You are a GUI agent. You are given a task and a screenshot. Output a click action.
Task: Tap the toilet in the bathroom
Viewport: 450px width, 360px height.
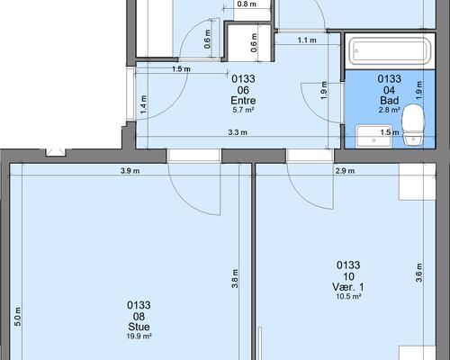[413, 125]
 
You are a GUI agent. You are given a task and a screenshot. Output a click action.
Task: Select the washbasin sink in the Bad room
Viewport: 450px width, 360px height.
[374, 137]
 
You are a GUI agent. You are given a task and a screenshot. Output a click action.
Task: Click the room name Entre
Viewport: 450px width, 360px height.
[243, 100]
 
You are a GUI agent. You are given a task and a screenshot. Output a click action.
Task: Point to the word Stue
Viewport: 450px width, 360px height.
[139, 327]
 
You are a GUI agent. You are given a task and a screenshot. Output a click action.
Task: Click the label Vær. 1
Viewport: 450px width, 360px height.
[348, 287]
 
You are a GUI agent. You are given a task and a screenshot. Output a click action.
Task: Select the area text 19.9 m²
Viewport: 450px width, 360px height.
[139, 337]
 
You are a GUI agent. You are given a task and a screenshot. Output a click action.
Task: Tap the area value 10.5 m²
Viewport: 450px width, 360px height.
[348, 297]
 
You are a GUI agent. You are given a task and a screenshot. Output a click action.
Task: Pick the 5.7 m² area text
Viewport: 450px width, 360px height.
[243, 110]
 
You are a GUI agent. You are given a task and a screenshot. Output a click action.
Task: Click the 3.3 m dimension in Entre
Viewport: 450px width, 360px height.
[238, 132]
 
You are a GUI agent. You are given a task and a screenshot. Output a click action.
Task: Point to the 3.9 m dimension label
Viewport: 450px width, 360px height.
[130, 171]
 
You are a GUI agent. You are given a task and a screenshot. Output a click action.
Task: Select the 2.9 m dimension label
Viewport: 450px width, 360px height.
[345, 171]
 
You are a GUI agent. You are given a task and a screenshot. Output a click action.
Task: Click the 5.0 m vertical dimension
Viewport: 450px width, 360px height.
[18, 317]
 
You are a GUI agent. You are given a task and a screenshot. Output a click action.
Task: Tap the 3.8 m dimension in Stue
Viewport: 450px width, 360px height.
[235, 278]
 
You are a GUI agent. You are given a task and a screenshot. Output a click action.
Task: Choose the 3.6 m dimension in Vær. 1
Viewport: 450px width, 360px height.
[419, 273]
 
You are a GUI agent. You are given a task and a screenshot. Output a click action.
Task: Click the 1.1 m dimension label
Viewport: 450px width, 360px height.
[307, 40]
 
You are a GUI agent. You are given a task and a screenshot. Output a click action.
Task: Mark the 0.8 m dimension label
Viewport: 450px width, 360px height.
[247, 4]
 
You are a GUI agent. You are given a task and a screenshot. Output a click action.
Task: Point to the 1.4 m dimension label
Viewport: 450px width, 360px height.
[144, 104]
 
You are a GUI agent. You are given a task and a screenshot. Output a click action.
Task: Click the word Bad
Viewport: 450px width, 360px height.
[390, 100]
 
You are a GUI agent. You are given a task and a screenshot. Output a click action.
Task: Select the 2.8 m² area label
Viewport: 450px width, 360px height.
[389, 110]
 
